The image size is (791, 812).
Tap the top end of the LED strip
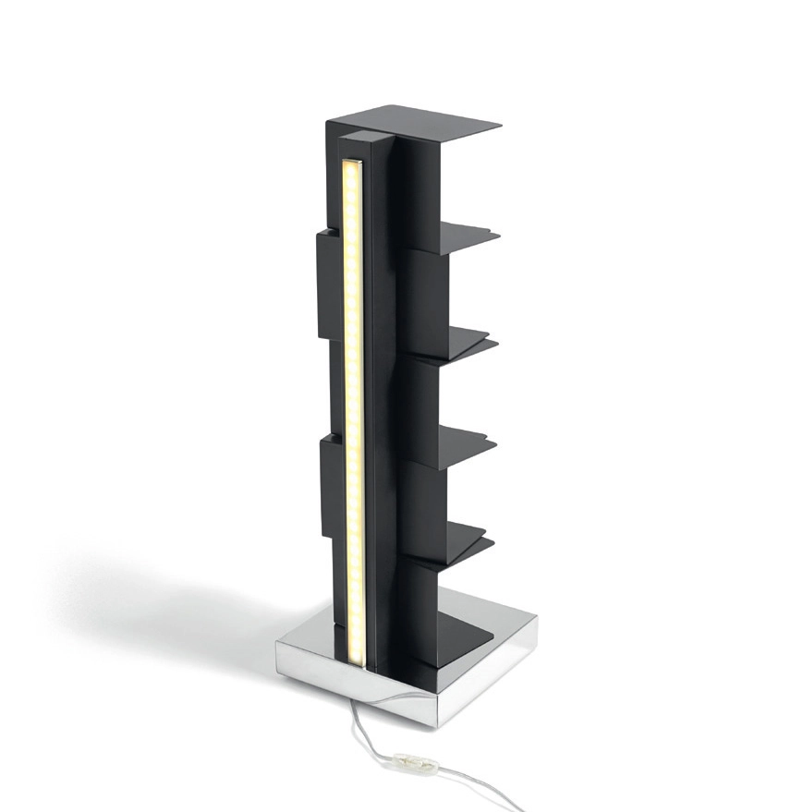point(352,166)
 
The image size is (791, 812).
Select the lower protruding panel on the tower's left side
point(331,485)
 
